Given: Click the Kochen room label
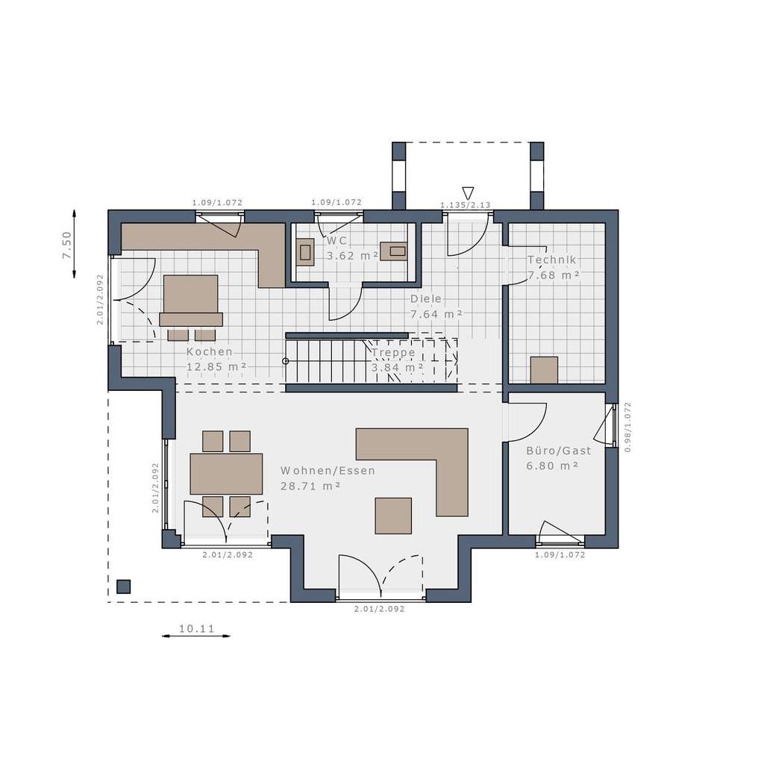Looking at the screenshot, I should pos(210,352).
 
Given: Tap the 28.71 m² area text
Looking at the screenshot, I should pos(310,486).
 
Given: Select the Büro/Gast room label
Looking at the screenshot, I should pos(558,451).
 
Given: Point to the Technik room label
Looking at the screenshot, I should pos(552,260).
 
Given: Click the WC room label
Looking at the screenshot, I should pos(336,241).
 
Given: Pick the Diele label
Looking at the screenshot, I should pos(426,298).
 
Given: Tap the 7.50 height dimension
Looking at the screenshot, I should pos(66,245).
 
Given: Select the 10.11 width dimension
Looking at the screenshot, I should pos(196,629).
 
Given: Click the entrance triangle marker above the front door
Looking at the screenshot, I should pos(469,192).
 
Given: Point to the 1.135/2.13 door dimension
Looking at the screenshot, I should pos(465,205).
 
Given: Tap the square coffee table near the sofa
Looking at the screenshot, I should pos(393,516).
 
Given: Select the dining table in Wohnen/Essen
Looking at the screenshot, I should pos(226,474).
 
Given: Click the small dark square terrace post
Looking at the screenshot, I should pos(124,586).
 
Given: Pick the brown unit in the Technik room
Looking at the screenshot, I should pos(544,370).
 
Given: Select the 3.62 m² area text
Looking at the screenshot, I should pos(352,255).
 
